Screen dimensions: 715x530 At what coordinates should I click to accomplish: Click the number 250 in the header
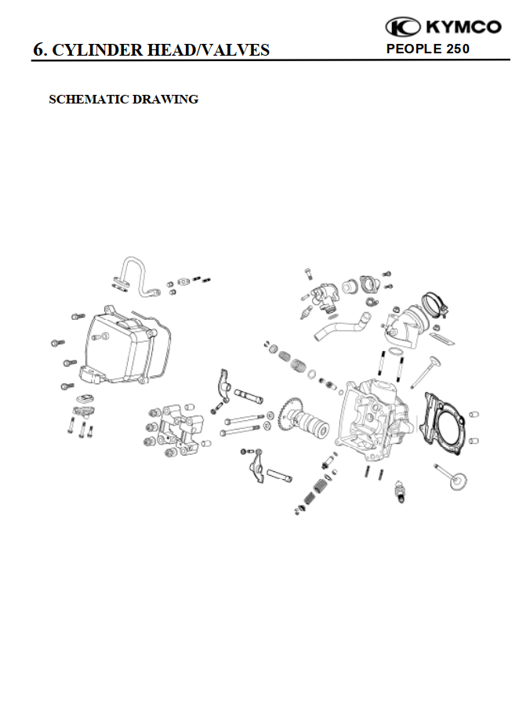tap(455, 49)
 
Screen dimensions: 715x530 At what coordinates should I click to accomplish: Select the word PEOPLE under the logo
tap(413, 49)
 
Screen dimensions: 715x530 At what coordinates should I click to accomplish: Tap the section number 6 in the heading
tap(38, 50)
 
